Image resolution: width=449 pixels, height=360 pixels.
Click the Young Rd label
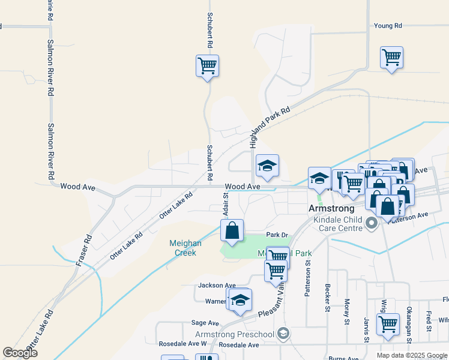(x=387, y=26)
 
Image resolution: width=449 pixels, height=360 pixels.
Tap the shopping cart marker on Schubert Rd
(x=207, y=66)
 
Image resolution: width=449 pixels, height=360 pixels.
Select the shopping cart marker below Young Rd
(x=391, y=58)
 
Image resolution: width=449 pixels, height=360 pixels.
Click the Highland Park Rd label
(x=270, y=128)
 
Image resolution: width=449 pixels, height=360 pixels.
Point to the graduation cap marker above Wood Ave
(x=267, y=166)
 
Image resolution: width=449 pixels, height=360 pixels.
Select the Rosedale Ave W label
(x=182, y=344)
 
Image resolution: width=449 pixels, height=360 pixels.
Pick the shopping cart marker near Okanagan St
(x=388, y=324)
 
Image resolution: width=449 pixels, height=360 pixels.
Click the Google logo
(x=19, y=352)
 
